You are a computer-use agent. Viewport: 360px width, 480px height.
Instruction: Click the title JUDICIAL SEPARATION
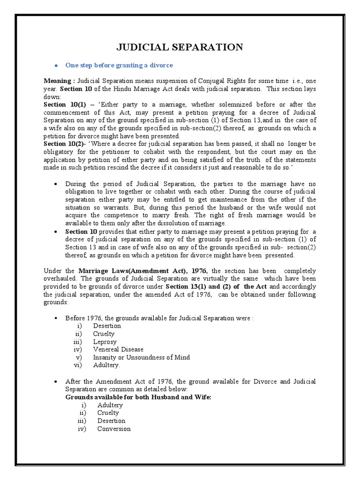pyautogui.click(x=180, y=47)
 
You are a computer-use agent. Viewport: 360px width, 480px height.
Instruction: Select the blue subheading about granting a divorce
pyautogui.click(x=120, y=65)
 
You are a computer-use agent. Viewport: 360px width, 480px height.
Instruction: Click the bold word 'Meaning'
pyautogui.click(x=58, y=81)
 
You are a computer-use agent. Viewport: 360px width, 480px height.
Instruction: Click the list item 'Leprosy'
pyautogui.click(x=104, y=341)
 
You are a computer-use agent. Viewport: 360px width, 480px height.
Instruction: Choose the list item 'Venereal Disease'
pyautogui.click(x=118, y=349)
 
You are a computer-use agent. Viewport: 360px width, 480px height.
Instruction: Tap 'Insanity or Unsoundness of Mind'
pyautogui.click(x=141, y=357)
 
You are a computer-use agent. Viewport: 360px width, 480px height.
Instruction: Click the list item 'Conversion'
pyautogui.click(x=114, y=428)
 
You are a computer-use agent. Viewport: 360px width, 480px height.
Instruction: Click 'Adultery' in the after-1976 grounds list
pyautogui.click(x=110, y=405)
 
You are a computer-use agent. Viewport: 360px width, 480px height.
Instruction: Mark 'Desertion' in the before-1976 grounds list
pyautogui.click(x=107, y=325)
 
